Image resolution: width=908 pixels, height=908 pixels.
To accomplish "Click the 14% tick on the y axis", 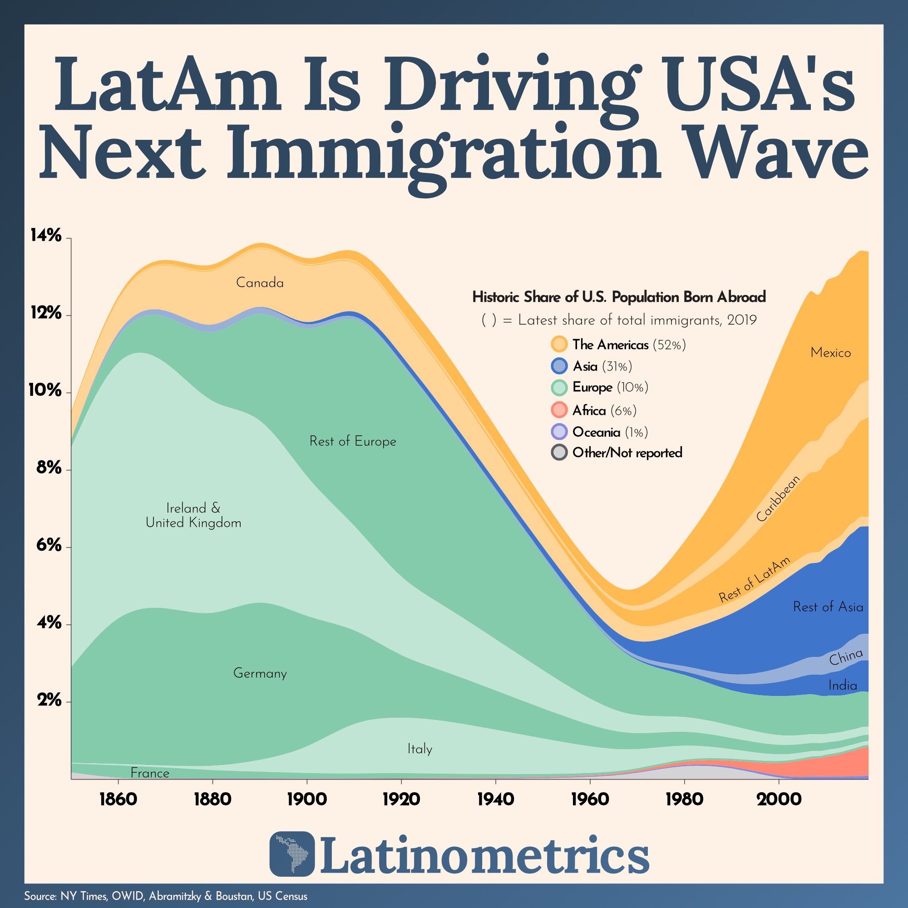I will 45,236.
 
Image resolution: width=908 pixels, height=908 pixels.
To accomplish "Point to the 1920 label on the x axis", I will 401,799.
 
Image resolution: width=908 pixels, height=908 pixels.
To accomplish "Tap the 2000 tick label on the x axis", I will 778,799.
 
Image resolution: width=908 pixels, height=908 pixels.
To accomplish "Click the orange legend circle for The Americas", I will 559,345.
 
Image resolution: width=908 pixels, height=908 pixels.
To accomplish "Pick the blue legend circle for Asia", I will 559,366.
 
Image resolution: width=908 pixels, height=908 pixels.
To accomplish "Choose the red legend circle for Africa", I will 559,410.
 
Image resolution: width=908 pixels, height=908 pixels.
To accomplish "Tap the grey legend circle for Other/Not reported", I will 559,453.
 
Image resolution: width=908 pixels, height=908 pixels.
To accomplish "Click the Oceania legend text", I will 596,432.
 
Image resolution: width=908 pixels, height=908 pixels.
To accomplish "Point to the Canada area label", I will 260,283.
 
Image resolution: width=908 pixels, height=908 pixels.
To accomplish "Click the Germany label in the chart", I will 260,673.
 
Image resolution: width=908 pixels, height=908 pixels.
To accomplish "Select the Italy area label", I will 419,749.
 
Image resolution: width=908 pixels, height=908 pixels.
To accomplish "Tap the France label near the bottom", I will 149,773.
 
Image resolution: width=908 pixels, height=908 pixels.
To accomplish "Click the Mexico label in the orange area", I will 830,352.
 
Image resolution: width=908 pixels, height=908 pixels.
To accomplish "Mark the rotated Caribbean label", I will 777,498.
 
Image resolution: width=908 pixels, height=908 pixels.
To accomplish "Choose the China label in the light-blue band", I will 845,657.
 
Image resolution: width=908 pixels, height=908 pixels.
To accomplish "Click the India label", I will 843,686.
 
